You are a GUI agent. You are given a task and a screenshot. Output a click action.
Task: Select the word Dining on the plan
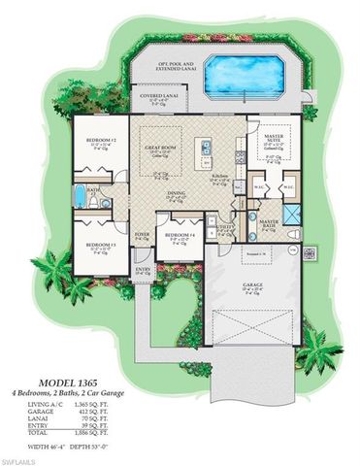click(x=177, y=193)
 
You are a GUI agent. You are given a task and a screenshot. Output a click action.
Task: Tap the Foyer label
click(x=143, y=234)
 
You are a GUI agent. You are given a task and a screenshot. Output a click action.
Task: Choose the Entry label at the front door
click(x=143, y=270)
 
